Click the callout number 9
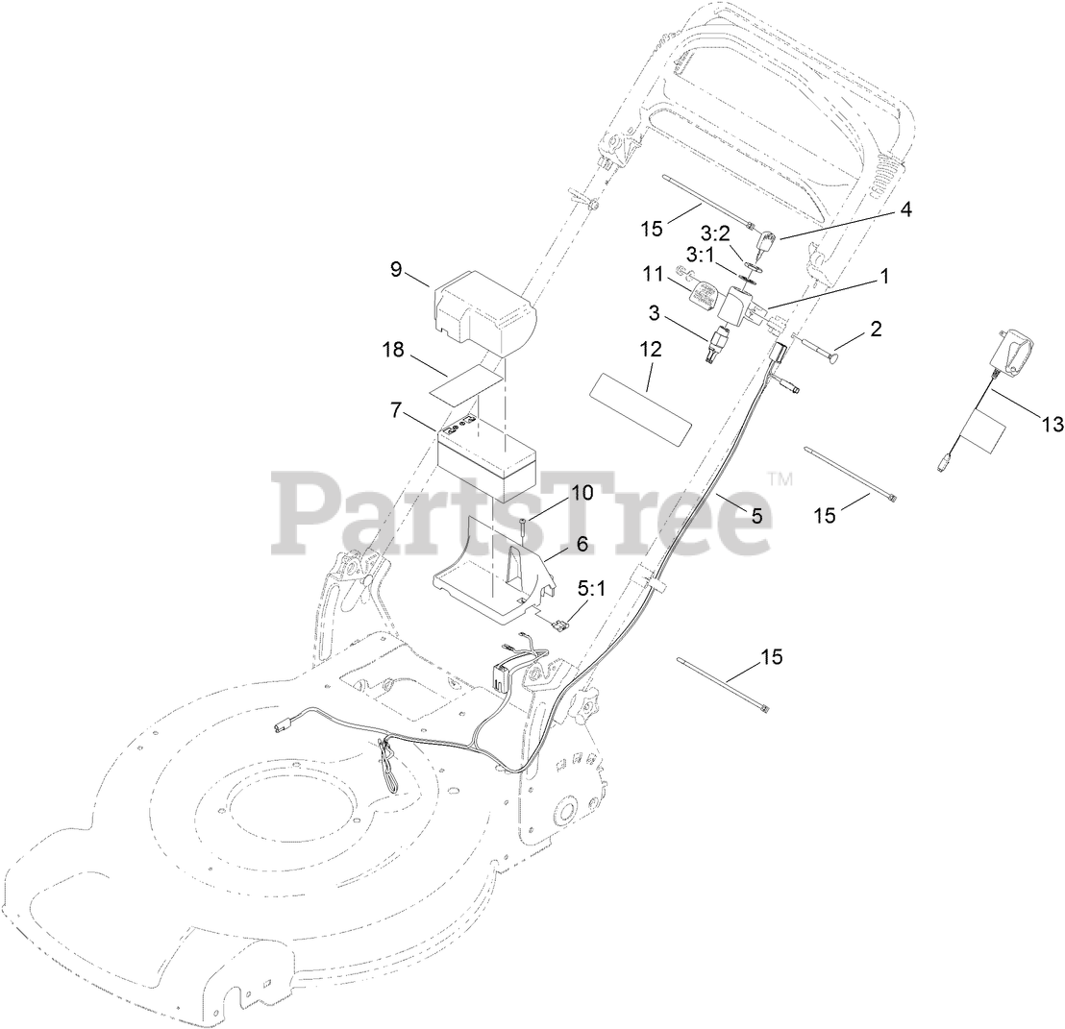coord(396,270)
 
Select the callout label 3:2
coord(714,233)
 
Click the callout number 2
coord(876,329)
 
